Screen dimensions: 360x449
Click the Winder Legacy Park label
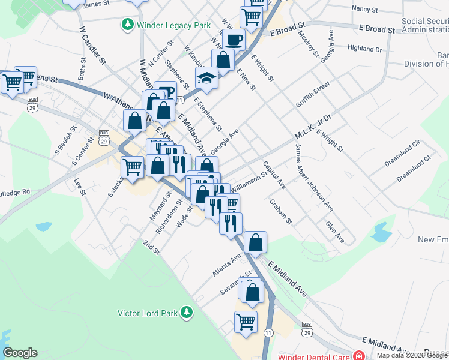tap(173, 25)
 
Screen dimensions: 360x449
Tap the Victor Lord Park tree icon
tap(187, 312)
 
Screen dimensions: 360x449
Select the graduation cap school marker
tap(206, 79)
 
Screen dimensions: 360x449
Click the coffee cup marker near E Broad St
tap(234, 40)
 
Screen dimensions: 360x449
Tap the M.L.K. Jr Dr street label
tap(312, 127)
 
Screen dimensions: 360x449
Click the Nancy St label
tap(365, 10)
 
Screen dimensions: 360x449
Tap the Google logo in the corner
tap(20, 353)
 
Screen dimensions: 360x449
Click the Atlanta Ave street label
tap(226, 265)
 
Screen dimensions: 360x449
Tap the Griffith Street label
tap(313, 95)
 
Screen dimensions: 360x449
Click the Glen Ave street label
tap(334, 232)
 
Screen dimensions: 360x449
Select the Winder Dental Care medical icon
tap(358, 356)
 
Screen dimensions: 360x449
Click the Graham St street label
tap(280, 212)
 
